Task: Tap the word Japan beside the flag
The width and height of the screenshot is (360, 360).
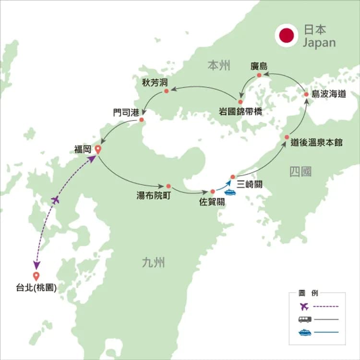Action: tap(319, 43)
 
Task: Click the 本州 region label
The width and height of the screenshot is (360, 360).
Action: tap(219, 66)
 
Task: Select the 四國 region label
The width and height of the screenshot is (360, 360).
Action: tap(301, 172)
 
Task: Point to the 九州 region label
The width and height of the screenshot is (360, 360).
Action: tap(154, 263)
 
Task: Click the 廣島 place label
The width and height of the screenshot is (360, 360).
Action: tap(259, 66)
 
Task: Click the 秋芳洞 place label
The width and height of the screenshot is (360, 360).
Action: tap(155, 82)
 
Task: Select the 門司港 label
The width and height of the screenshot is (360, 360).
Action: tap(125, 112)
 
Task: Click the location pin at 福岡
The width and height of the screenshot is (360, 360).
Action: tap(98, 149)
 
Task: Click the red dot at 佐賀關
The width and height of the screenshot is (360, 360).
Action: tap(213, 192)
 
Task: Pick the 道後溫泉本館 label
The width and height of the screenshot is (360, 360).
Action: tap(317, 143)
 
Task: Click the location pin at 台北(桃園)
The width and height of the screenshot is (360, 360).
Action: tap(36, 276)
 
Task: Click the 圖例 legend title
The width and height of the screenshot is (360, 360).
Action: tap(308, 293)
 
